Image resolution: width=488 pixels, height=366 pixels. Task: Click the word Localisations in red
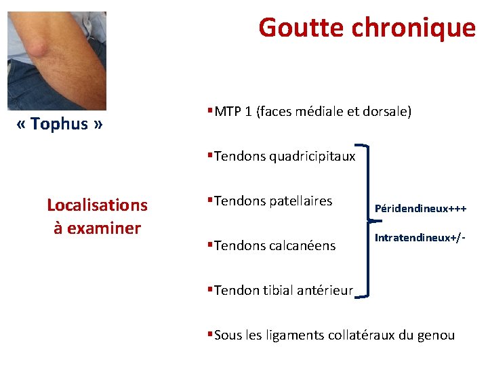tap(97, 205)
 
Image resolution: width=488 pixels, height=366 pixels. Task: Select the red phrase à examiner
tap(97, 228)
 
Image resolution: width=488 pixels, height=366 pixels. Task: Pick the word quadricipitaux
tap(312, 157)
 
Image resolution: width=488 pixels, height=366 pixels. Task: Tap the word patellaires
tap(301, 201)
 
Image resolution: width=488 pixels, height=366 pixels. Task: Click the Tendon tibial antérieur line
tap(283, 290)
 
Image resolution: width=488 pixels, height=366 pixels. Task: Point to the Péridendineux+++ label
tap(420, 209)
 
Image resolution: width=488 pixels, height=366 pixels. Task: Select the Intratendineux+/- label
tap(420, 238)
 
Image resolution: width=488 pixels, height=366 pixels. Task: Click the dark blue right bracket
tap(367, 220)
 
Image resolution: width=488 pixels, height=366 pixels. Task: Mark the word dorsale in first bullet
tap(386, 111)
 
